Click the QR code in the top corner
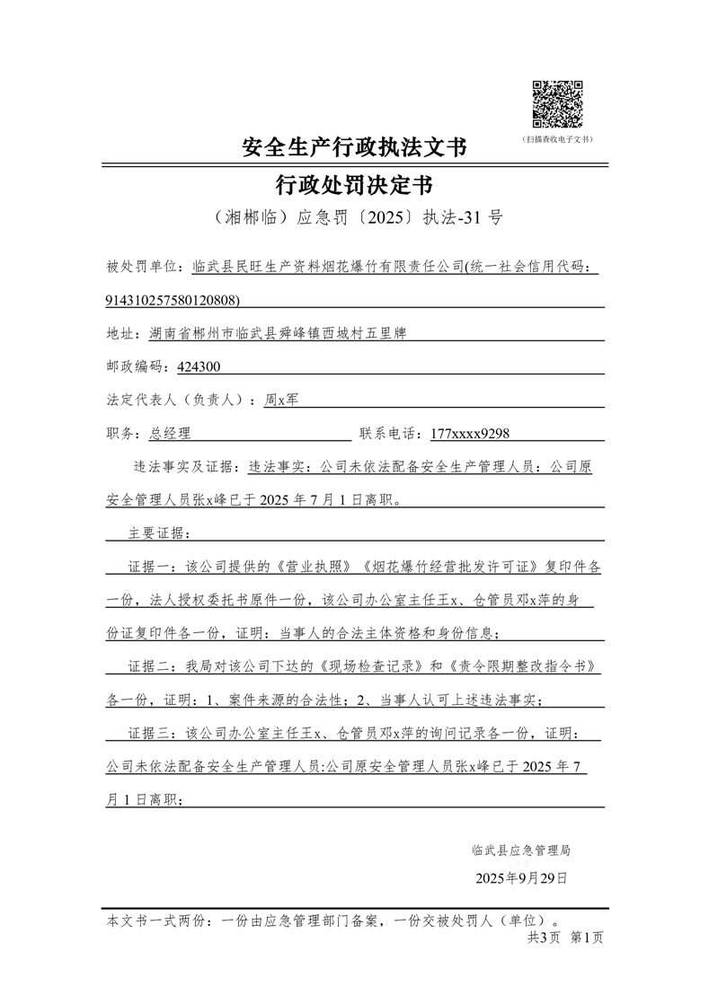558,104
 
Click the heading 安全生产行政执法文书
354,147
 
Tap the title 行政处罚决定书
354,186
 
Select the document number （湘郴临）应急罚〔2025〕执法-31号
354,218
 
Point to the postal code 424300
199,366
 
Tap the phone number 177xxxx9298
470,433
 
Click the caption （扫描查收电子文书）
558,139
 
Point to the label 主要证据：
155,533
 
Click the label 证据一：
155,567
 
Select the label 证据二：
155,666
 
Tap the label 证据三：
155,733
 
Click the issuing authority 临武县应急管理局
520,850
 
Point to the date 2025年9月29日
521,877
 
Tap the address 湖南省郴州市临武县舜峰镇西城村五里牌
278,333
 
